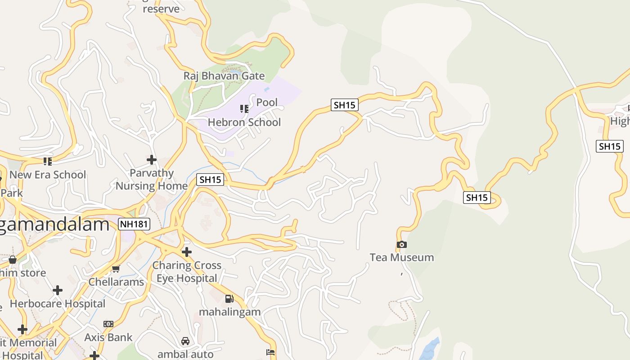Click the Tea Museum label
[x=401, y=257]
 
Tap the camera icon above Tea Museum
[x=402, y=245]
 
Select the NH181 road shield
[x=134, y=224]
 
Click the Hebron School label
[x=244, y=122]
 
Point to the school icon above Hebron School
[x=244, y=108]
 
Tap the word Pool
[x=267, y=103]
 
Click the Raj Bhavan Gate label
[x=224, y=76]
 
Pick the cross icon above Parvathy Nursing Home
[x=152, y=159]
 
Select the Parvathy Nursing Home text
[x=152, y=179]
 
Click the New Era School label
[x=47, y=175]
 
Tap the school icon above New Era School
[x=47, y=161]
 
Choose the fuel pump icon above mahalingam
[x=229, y=298]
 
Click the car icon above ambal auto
[x=185, y=341]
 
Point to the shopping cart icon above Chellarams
[x=116, y=269]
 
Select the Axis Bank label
[x=108, y=337]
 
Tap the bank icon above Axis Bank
[x=108, y=324]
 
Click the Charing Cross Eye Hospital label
[x=187, y=272]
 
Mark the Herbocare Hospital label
[x=58, y=304]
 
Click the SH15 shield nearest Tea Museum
[x=477, y=197]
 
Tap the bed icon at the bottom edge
[x=270, y=352]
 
